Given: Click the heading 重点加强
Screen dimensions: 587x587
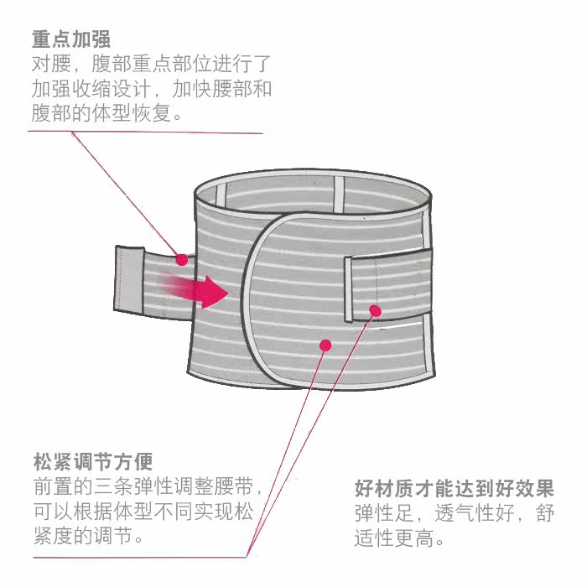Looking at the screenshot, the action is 71,39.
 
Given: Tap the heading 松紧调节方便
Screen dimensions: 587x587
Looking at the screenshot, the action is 93,462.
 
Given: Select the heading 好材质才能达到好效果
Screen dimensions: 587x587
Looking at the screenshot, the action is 454,488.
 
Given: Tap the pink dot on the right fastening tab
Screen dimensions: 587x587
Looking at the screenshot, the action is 376,311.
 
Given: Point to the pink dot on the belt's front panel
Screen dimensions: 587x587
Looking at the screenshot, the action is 325,344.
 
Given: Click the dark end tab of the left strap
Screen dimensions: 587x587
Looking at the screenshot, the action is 128,276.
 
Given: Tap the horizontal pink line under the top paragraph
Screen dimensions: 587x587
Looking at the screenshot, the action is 147,132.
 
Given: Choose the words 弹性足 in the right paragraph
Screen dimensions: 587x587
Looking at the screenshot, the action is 382,513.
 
